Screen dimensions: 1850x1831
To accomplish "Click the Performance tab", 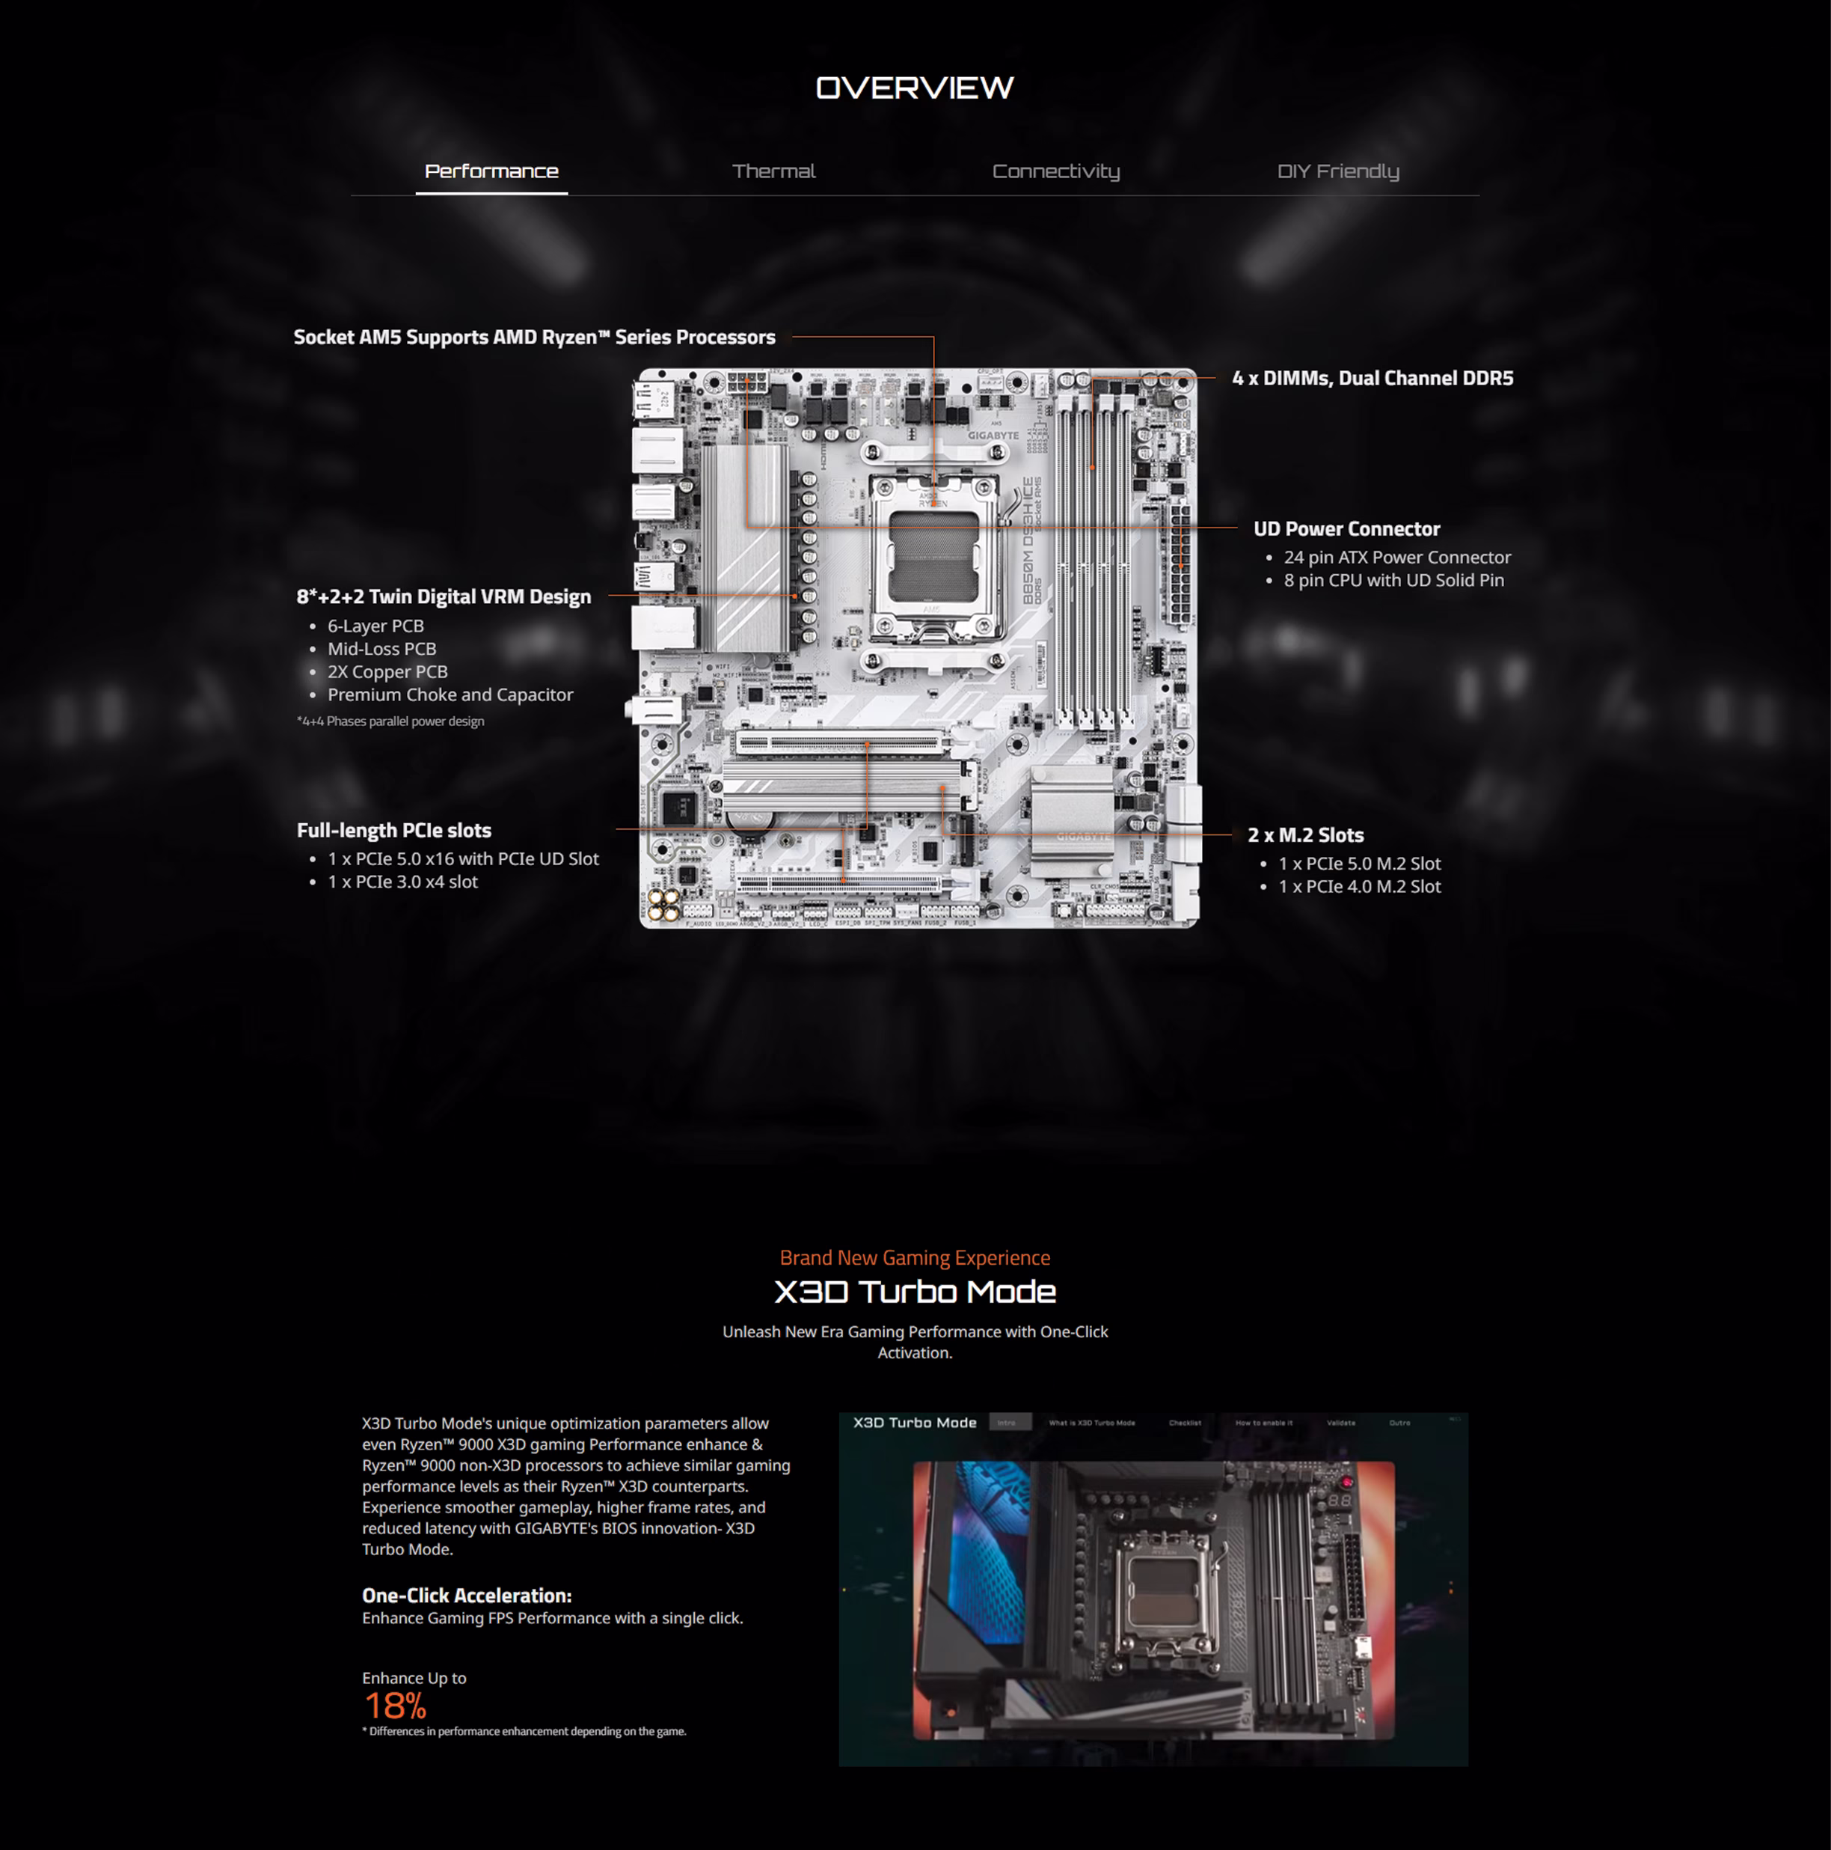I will [491, 171].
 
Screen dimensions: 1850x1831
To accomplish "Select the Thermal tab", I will [773, 171].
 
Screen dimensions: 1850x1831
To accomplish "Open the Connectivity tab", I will [1055, 171].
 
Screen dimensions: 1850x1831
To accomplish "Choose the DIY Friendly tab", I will [1337, 171].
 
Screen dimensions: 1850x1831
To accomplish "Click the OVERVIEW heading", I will [914, 88].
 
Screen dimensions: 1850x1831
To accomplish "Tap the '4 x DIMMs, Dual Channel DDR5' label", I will [1372, 378].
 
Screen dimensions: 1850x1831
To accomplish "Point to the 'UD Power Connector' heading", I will [1346, 528].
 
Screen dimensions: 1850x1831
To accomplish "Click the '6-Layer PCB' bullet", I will [375, 626].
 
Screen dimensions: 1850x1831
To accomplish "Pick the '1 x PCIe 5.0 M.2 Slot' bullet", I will [1359, 864].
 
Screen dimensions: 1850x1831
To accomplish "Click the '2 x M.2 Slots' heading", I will [1304, 835].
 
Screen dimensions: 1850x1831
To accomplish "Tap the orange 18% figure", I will [396, 1706].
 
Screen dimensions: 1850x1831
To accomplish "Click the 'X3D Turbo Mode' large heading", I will [914, 1292].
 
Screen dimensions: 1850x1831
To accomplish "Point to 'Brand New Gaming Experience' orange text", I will [914, 1257].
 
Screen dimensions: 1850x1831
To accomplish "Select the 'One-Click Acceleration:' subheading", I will [466, 1596].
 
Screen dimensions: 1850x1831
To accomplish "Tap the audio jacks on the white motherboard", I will [664, 903].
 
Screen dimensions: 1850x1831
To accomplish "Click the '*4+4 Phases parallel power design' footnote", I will [390, 721].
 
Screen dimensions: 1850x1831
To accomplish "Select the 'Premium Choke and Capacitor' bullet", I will [450, 695].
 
